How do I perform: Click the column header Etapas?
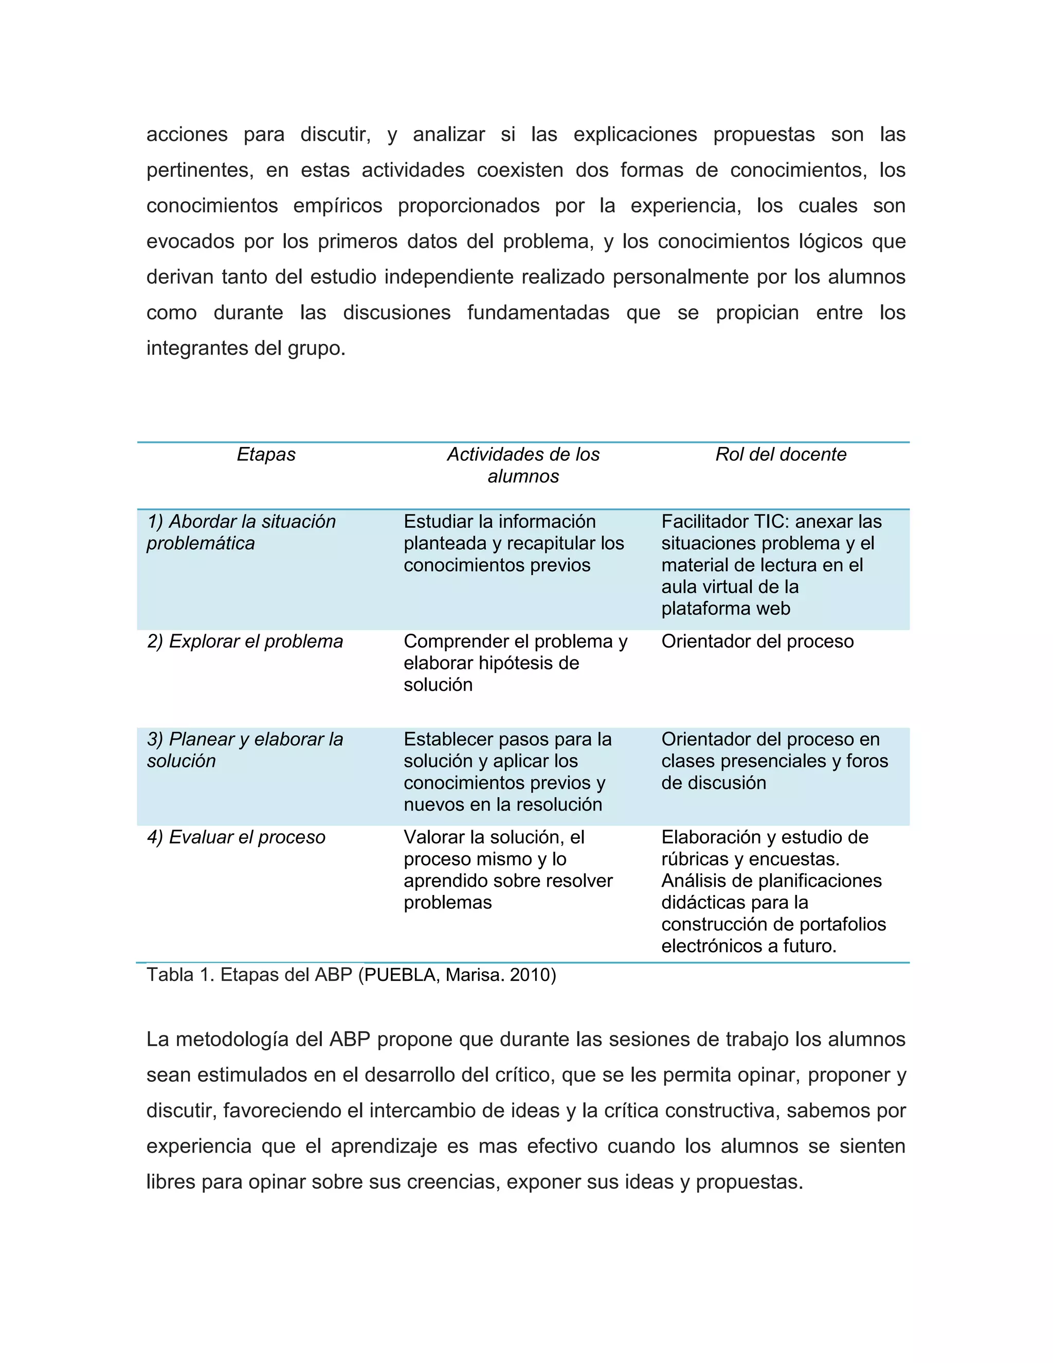266,454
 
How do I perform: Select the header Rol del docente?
780,454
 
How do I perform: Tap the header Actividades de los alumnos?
523,465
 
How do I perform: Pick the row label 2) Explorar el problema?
245,641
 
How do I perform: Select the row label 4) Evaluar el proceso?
236,837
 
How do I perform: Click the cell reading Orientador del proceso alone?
757,641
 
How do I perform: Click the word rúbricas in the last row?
695,859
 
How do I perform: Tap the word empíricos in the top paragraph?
337,206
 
